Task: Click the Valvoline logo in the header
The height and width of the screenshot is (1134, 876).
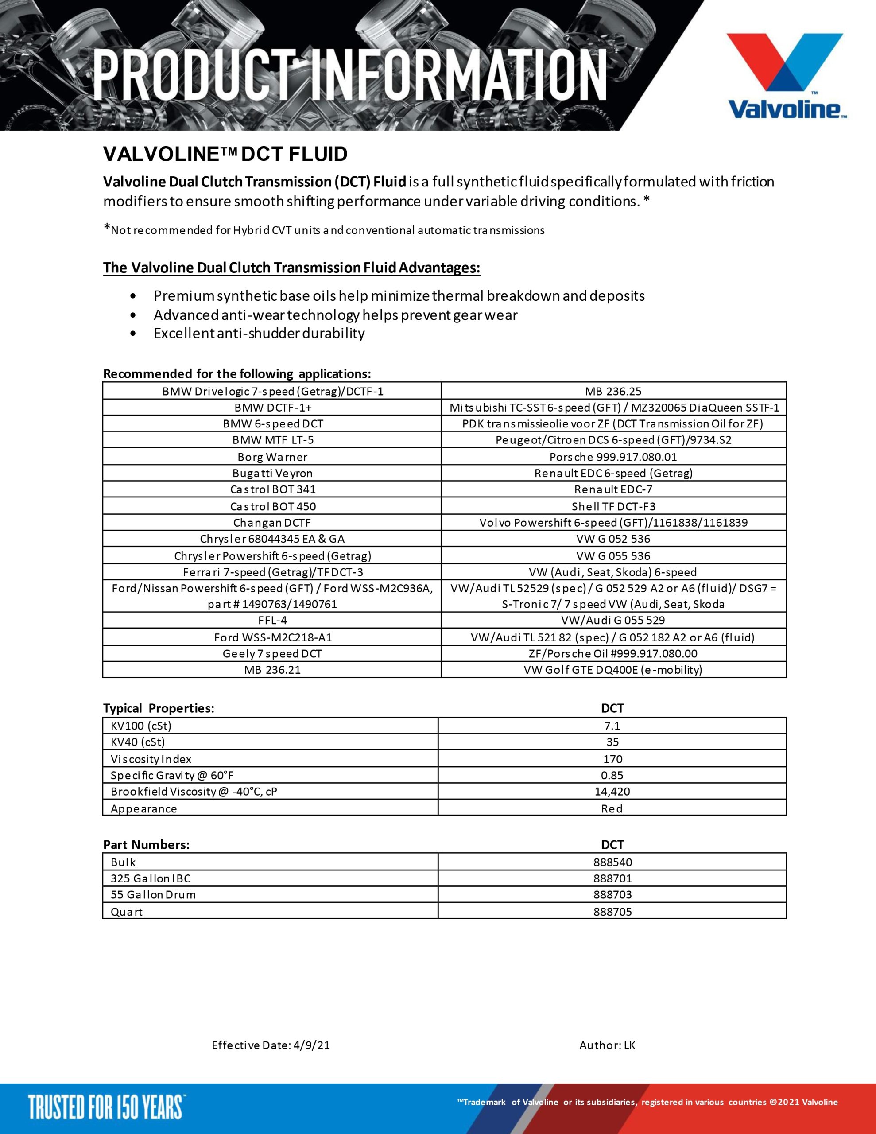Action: coord(786,76)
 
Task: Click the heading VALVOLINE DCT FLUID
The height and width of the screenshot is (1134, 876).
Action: coord(225,154)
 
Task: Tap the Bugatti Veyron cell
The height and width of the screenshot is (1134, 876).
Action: coord(272,473)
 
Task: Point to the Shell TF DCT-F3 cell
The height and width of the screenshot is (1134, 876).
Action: coord(613,506)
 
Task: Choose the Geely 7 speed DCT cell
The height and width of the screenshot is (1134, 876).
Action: coord(272,654)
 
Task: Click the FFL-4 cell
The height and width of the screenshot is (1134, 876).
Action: coord(272,620)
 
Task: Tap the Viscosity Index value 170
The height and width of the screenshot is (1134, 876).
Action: coord(612,759)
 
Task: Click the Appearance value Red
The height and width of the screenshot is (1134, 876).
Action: coord(612,808)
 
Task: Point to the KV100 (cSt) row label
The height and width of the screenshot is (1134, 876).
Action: coord(141,726)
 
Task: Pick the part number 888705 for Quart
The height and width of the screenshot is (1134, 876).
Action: coord(612,912)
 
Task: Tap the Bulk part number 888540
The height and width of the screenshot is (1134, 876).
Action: coord(612,862)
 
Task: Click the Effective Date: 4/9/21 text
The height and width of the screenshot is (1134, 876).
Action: coord(271,1045)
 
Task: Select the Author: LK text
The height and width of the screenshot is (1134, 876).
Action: coord(607,1045)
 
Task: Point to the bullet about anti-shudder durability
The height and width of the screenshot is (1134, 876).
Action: coord(259,334)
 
